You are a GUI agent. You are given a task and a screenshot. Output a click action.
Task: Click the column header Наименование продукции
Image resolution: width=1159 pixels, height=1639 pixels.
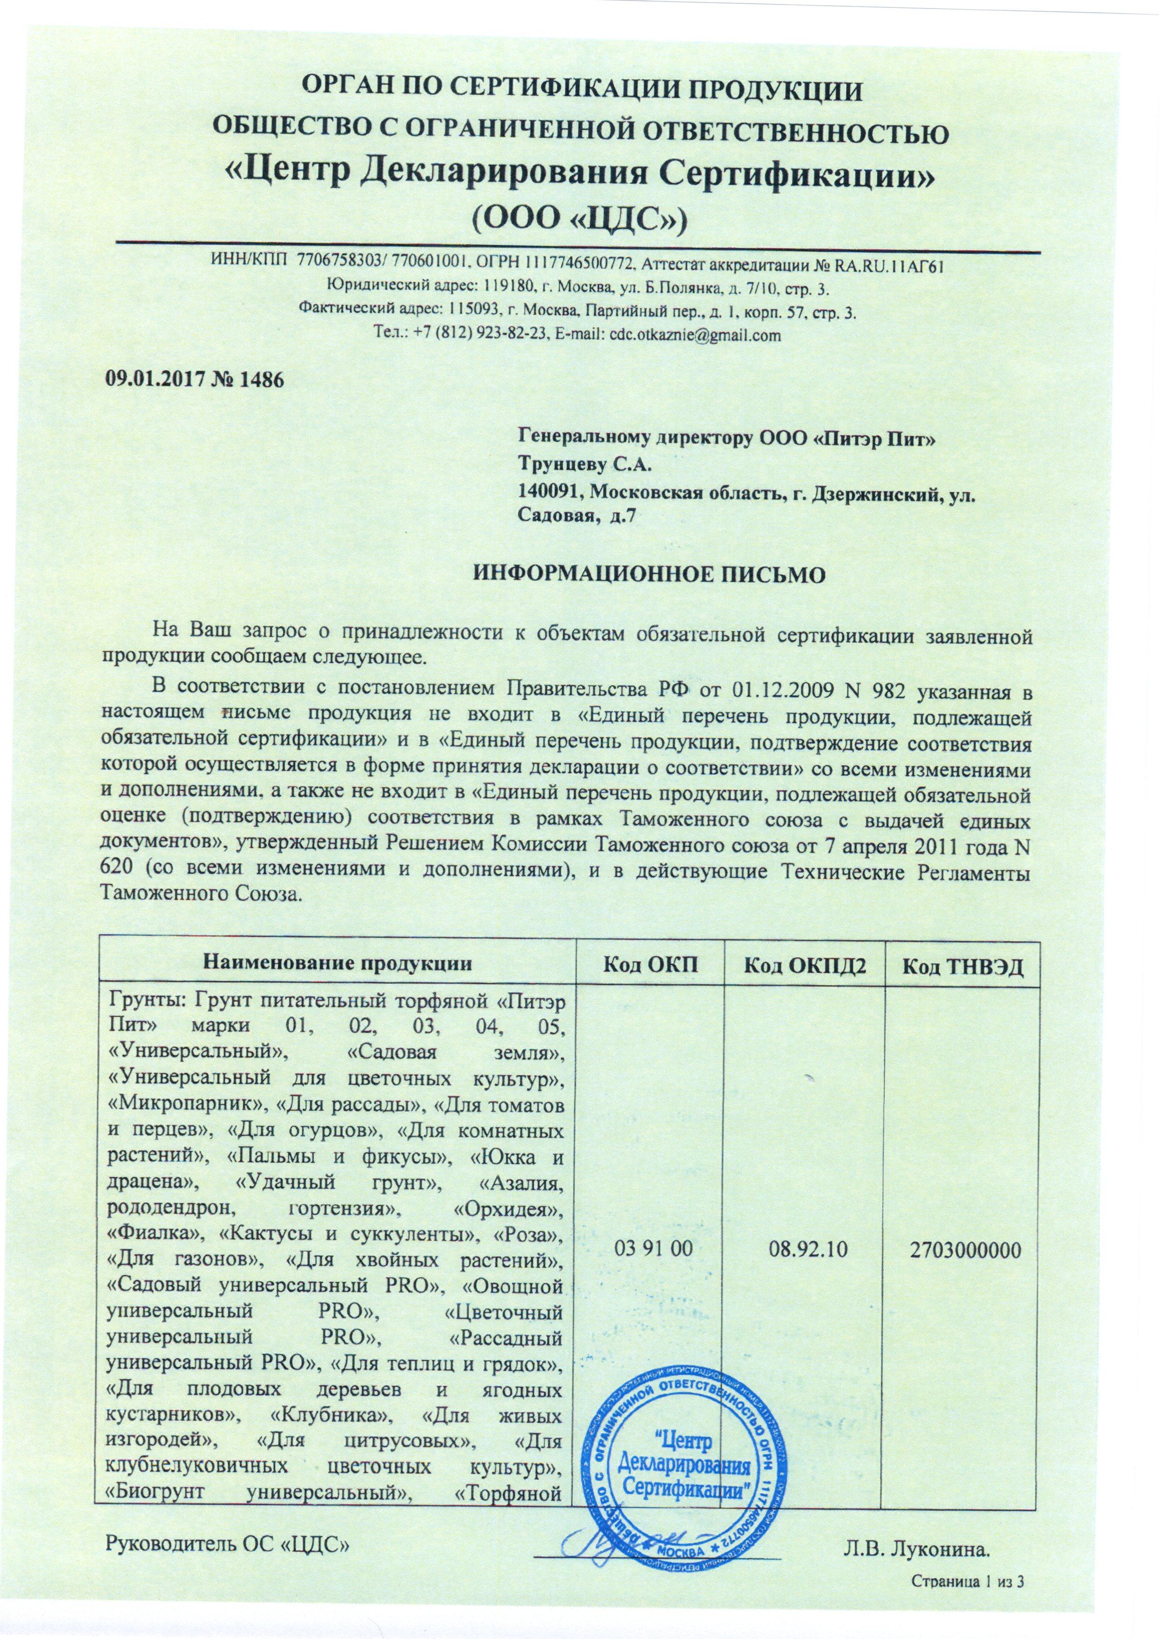point(338,966)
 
